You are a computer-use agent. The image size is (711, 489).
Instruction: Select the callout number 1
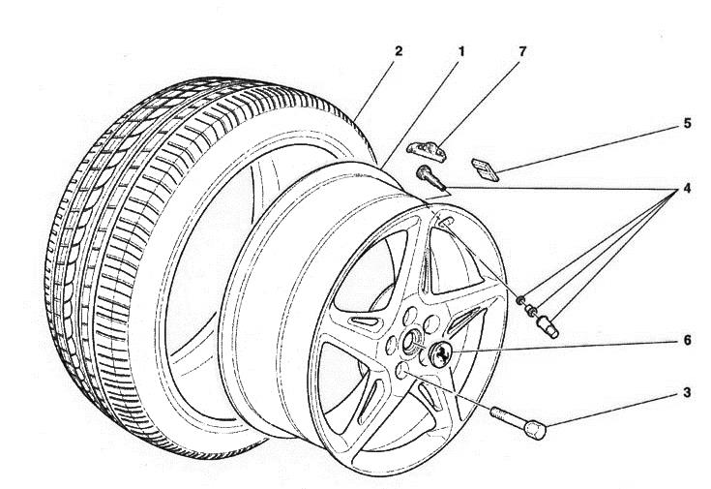pos(460,49)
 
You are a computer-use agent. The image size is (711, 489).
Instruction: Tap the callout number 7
pos(523,49)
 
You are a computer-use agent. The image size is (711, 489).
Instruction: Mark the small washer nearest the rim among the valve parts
pos(520,298)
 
